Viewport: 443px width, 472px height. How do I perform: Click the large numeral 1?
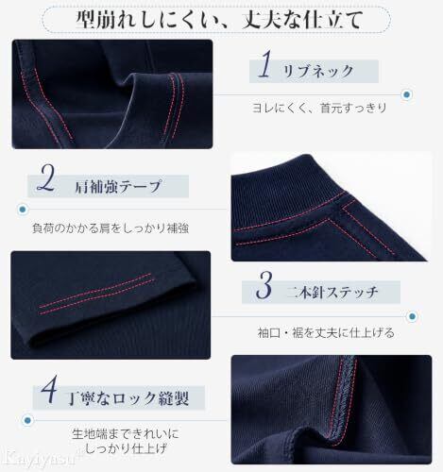(x=265, y=64)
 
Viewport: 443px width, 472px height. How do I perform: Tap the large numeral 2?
(x=46, y=178)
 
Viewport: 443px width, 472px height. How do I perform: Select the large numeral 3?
(x=264, y=285)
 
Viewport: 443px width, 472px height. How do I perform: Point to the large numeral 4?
(x=49, y=390)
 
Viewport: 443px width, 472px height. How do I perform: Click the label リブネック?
(x=318, y=71)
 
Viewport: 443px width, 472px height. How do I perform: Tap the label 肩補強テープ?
(x=118, y=186)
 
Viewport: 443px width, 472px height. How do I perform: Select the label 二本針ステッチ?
(x=332, y=293)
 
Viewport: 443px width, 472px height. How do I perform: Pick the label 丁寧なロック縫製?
(x=129, y=398)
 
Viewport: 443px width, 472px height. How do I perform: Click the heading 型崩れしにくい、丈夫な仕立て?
(x=219, y=20)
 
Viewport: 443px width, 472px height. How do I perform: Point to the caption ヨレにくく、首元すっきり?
(x=319, y=108)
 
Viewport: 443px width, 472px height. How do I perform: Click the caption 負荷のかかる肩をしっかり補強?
(x=111, y=228)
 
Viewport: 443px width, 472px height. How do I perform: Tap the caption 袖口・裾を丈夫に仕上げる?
(x=326, y=332)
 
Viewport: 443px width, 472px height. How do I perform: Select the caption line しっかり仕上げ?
(x=126, y=448)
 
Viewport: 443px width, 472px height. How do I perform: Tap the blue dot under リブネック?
(x=407, y=94)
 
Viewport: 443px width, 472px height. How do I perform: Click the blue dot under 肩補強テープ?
(x=23, y=209)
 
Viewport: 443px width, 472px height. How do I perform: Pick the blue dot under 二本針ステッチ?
(x=412, y=316)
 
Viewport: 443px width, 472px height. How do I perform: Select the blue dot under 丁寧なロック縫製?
(x=27, y=420)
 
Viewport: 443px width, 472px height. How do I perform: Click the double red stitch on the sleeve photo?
(x=96, y=294)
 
